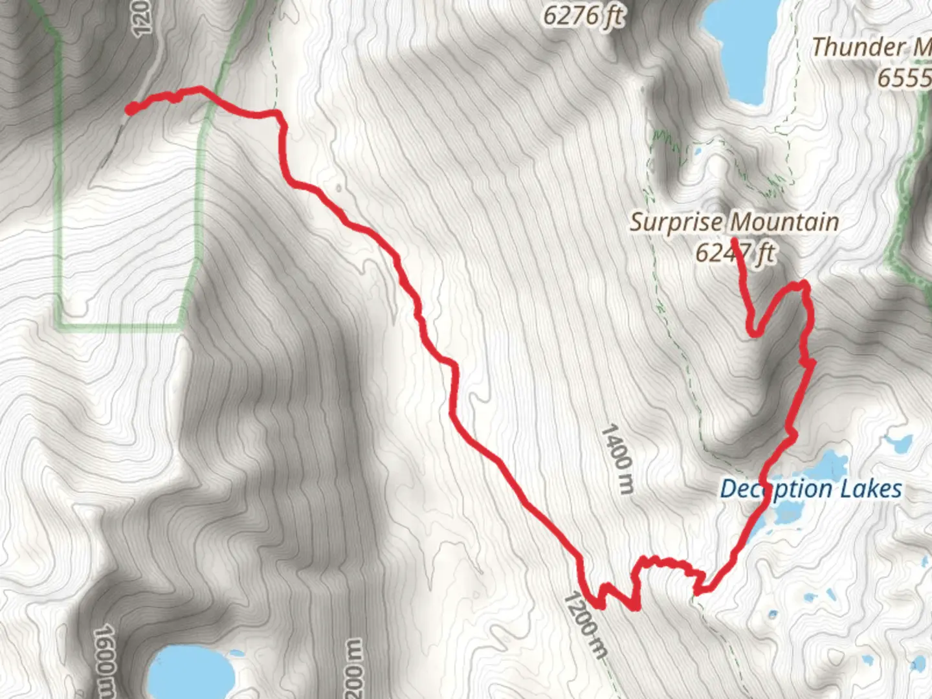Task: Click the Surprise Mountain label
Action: pyautogui.click(x=734, y=222)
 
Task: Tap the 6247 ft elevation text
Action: pyautogui.click(x=734, y=252)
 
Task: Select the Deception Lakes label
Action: pyautogui.click(x=810, y=489)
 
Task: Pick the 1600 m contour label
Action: pyautogui.click(x=107, y=660)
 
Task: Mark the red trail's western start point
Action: pyautogui.click(x=131, y=109)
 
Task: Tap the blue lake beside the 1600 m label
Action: pyautogui.click(x=191, y=673)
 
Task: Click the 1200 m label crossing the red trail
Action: pyautogui.click(x=586, y=625)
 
